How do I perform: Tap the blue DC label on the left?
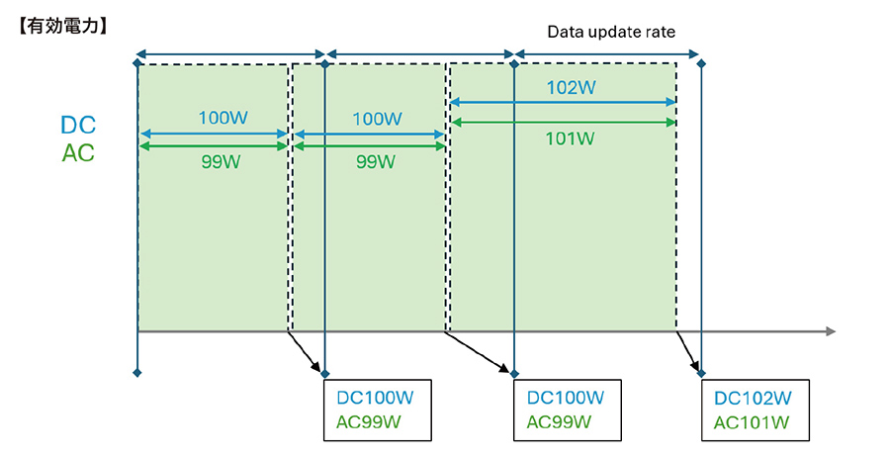coord(78,126)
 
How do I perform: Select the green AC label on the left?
coord(78,154)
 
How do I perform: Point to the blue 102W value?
coord(571,87)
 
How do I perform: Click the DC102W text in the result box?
coord(753,399)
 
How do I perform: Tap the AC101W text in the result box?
coord(753,423)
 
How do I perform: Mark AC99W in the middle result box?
coord(559,422)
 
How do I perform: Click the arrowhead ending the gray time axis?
coord(830,331)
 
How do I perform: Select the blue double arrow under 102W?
coord(563,102)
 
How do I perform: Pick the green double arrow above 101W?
coord(563,122)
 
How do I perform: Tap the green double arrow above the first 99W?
coord(214,145)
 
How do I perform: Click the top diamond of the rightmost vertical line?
coord(701,63)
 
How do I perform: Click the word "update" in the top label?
coord(609,32)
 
